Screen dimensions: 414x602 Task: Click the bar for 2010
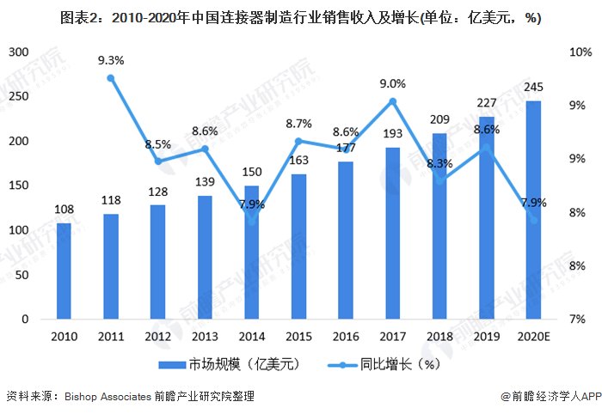pyautogui.click(x=64, y=271)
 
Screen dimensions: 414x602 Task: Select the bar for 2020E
pyautogui.click(x=533, y=210)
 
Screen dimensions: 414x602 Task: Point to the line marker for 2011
pyautogui.click(x=111, y=78)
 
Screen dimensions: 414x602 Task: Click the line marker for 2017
pyautogui.click(x=392, y=101)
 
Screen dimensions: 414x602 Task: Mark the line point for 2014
pyautogui.click(x=252, y=220)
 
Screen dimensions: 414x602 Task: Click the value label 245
pyautogui.click(x=533, y=89)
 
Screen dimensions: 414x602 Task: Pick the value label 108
pyautogui.click(x=64, y=210)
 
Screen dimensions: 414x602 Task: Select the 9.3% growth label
pyautogui.click(x=111, y=60)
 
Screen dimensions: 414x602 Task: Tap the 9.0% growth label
pyautogui.click(x=392, y=83)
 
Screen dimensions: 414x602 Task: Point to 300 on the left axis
pyautogui.click(x=18, y=52)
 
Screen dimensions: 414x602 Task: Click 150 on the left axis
pyautogui.click(x=18, y=186)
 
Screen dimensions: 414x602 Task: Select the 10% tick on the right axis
pyautogui.click(x=580, y=52)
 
